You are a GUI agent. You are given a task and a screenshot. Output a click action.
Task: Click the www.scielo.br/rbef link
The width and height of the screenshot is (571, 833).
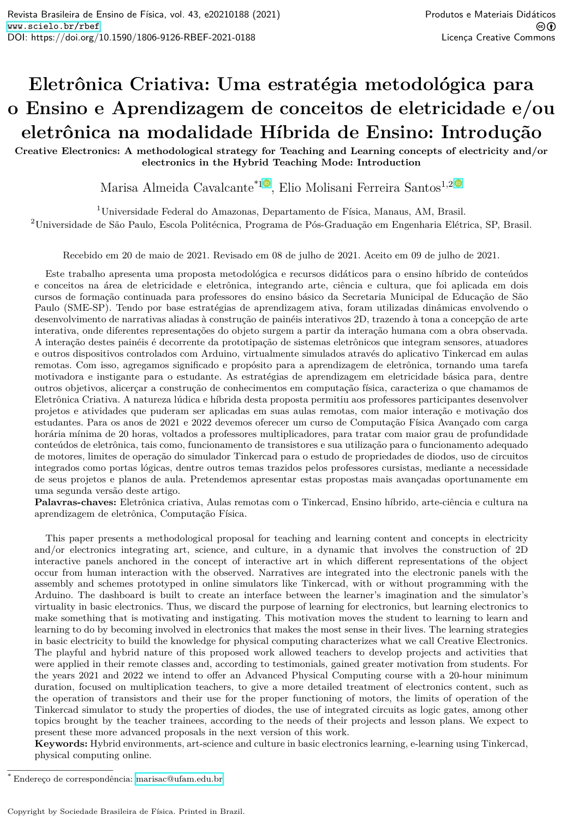tap(53, 26)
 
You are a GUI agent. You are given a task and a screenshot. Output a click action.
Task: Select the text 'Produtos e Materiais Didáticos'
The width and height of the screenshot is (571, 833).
tap(490, 15)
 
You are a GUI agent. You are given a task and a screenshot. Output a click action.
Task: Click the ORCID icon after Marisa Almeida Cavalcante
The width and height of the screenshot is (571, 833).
tap(266, 184)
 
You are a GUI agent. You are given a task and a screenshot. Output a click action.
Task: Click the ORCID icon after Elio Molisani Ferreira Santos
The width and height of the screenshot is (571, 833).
tap(459, 184)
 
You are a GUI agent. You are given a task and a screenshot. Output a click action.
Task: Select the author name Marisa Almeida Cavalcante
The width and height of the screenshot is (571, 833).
tap(176, 188)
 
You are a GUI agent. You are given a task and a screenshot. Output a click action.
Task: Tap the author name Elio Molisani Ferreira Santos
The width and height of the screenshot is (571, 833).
tap(360, 188)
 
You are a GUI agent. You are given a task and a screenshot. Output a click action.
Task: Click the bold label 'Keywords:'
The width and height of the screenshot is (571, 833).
tap(61, 743)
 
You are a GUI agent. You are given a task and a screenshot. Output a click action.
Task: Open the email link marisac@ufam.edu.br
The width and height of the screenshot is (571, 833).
tap(179, 779)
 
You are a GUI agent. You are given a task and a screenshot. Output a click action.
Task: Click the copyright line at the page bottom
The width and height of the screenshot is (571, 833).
tap(126, 811)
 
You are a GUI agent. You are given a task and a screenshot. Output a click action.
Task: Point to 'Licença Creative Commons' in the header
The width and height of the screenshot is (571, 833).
tap(498, 38)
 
